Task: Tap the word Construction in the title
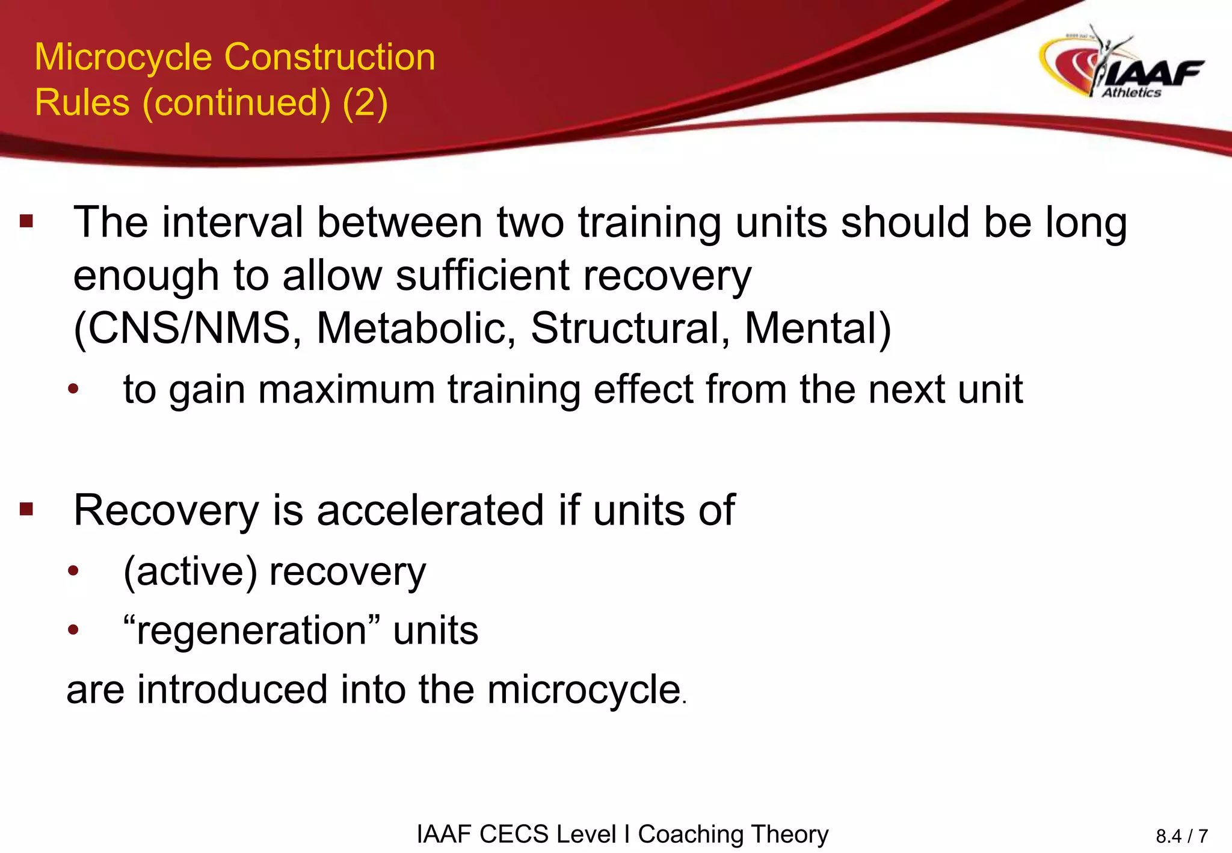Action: (x=330, y=58)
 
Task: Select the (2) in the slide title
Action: (x=365, y=103)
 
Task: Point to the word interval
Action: (x=232, y=223)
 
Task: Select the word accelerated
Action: (x=431, y=511)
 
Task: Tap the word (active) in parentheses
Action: (x=191, y=571)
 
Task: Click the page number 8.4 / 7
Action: (x=1181, y=836)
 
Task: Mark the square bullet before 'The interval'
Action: (x=26, y=221)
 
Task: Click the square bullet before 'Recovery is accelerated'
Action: (x=26, y=510)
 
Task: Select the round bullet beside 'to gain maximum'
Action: (x=73, y=389)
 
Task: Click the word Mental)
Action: (x=818, y=329)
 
